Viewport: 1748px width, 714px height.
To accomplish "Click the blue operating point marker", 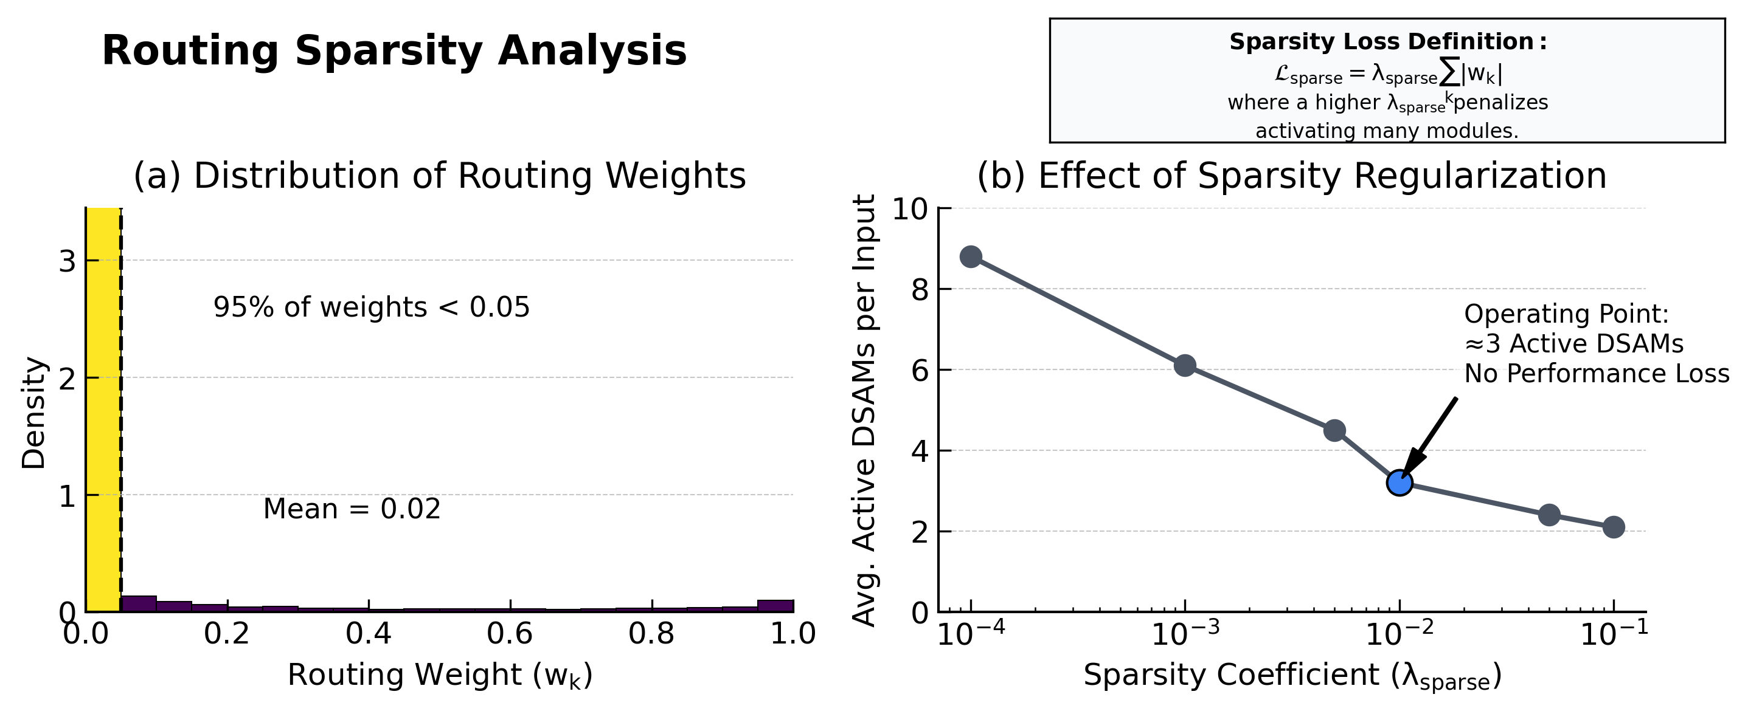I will [1399, 482].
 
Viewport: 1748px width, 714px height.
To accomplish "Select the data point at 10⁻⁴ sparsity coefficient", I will [971, 257].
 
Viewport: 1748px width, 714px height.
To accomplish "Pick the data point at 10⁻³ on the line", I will [1185, 365].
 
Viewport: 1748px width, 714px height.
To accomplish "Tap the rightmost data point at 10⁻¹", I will [1614, 527].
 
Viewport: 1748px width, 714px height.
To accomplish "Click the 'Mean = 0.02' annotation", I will [352, 509].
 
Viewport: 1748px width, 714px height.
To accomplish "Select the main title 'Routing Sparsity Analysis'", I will [394, 51].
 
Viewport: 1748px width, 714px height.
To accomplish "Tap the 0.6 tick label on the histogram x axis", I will [510, 634].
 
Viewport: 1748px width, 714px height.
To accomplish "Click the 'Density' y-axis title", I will [33, 413].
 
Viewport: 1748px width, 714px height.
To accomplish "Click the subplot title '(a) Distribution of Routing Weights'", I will [440, 176].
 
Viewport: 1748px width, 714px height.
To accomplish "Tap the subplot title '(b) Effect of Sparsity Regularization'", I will [1292, 176].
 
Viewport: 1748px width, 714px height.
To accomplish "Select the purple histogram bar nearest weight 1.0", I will [775, 605].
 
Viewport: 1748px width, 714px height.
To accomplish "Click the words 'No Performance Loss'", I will [1596, 374].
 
